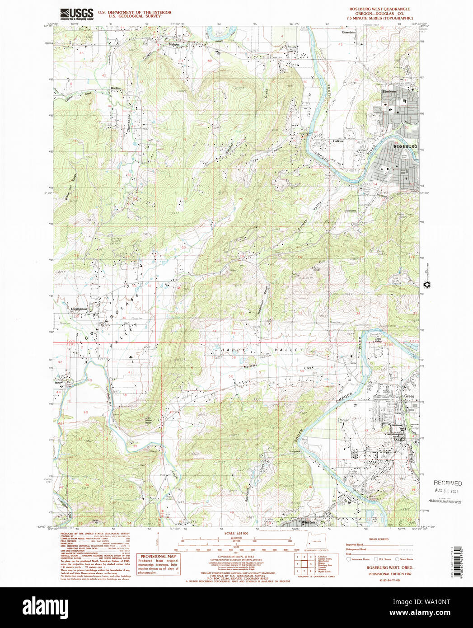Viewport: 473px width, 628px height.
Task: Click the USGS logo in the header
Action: click(x=77, y=14)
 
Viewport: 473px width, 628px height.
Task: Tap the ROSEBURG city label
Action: click(x=405, y=146)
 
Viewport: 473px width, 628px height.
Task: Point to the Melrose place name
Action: click(x=174, y=45)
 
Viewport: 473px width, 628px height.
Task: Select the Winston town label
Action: click(x=308, y=522)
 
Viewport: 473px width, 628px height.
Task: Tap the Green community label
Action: click(x=409, y=396)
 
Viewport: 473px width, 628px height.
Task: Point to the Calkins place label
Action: click(x=338, y=141)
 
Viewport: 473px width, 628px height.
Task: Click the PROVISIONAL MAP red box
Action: click(x=159, y=564)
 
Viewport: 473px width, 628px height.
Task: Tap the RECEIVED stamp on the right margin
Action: click(x=447, y=483)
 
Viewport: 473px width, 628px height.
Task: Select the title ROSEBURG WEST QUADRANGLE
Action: click(x=379, y=9)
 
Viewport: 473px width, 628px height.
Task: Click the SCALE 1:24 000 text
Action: click(x=236, y=534)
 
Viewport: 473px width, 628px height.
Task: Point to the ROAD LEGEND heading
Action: click(x=379, y=539)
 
